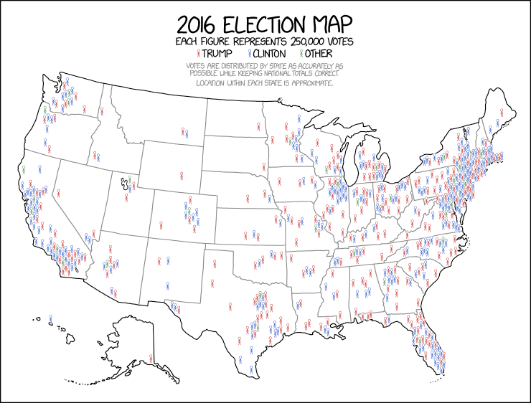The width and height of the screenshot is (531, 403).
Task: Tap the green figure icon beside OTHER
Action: pos(303,54)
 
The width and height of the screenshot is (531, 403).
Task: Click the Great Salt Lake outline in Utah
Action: pos(124,185)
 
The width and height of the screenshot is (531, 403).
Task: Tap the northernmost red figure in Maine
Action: pos(498,111)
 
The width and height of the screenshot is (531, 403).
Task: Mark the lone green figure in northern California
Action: pos(23,169)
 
